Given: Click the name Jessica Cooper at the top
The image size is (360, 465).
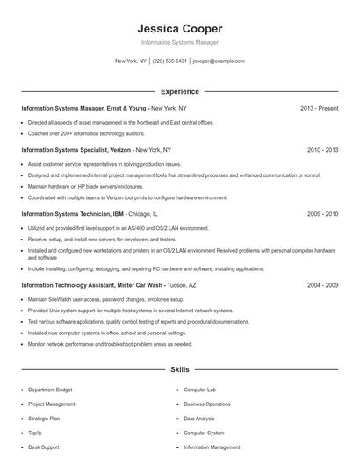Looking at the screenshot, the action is click(179, 28).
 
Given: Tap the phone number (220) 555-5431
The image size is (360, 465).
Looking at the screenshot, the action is click(169, 61).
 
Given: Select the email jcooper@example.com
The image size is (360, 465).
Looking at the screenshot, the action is click(219, 61).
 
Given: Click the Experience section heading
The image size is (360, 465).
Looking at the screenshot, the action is click(179, 91).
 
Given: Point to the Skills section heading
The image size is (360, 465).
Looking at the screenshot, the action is click(179, 371).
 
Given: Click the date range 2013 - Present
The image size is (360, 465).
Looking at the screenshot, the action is click(319, 108).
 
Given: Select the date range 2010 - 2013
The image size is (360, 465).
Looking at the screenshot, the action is click(322, 150).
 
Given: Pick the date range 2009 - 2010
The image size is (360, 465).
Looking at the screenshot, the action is click(322, 213).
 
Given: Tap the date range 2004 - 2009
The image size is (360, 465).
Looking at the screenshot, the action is click(322, 285).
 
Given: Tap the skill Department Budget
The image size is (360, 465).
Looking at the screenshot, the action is click(51, 389).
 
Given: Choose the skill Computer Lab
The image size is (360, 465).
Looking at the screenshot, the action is click(199, 389).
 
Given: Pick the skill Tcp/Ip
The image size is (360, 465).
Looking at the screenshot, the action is click(36, 433).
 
